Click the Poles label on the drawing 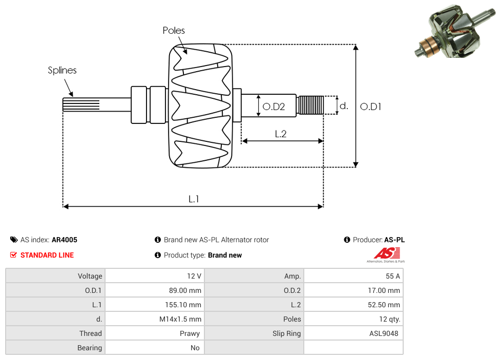point(174,31)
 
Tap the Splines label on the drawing point(62,70)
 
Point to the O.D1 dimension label point(370,107)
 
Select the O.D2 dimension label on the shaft point(274,107)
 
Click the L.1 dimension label point(193,199)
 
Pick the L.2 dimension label point(280,134)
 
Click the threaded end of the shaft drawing point(310,105)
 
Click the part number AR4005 point(65,240)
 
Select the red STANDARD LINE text point(47,255)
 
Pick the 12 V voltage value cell point(194,276)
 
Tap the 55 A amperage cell point(393,276)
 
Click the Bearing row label point(90,348)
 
